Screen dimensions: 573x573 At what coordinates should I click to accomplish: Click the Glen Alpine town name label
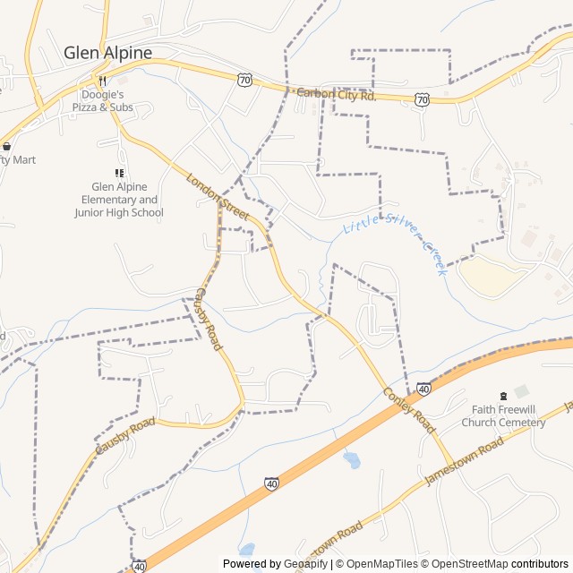pyautogui.click(x=107, y=53)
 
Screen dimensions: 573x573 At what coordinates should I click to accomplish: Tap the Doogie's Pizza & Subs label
pyautogui.click(x=109, y=100)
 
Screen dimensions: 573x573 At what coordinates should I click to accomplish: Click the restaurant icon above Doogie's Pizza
pyautogui.click(x=109, y=80)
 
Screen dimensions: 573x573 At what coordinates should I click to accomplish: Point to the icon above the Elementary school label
pyautogui.click(x=119, y=173)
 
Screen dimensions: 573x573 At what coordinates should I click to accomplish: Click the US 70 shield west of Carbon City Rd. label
pyautogui.click(x=245, y=80)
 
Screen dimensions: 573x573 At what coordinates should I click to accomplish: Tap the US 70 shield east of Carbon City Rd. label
pyautogui.click(x=422, y=99)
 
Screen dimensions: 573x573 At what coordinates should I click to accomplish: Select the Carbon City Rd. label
pyautogui.click(x=336, y=94)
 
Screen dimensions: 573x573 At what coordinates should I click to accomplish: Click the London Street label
pyautogui.click(x=218, y=197)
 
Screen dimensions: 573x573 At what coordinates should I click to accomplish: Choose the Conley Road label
pyautogui.click(x=409, y=412)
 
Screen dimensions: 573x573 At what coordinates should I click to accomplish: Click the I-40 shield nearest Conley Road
pyautogui.click(x=423, y=389)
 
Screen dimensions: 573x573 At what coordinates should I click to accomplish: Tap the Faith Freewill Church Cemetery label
pyautogui.click(x=503, y=416)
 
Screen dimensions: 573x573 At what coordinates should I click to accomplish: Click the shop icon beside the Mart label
pyautogui.click(x=7, y=146)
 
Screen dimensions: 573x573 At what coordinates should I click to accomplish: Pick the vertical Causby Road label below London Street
pyautogui.click(x=208, y=319)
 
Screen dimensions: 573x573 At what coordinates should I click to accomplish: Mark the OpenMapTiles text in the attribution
pyautogui.click(x=382, y=564)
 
